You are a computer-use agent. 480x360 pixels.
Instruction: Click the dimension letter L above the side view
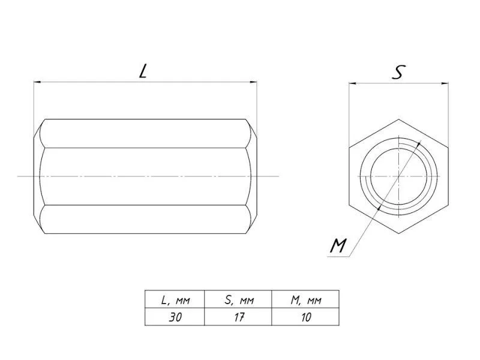(143, 71)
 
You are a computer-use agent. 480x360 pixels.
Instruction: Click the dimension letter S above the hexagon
(398, 72)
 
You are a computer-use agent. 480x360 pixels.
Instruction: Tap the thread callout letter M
(338, 245)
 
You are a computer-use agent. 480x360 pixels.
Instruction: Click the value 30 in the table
(175, 317)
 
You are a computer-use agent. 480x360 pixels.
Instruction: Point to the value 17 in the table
(239, 317)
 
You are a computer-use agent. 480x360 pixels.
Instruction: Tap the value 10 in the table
(306, 317)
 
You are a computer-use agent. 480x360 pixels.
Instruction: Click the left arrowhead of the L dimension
(37, 82)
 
